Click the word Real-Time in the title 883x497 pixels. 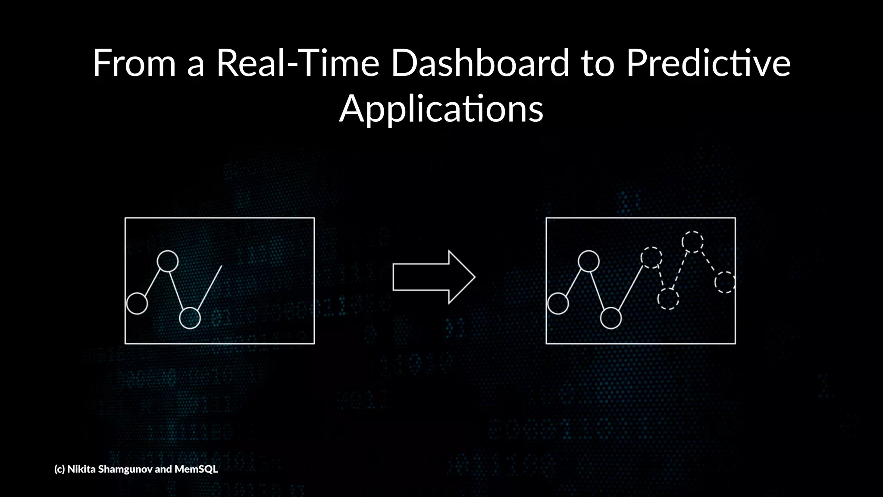tap(297, 63)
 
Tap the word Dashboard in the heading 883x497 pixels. tap(480, 63)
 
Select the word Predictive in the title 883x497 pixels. tap(708, 63)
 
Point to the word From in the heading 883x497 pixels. tap(134, 63)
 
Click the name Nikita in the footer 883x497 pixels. tap(81, 469)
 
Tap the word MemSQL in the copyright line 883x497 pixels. tap(196, 469)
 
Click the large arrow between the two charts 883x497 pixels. tap(433, 277)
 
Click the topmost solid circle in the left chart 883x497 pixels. tap(168, 261)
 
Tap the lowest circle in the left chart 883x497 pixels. tap(190, 318)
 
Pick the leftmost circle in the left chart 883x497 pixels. tap(137, 303)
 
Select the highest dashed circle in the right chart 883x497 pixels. tap(692, 242)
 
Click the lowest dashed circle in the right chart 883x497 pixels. tap(668, 299)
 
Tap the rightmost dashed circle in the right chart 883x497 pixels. tap(725, 282)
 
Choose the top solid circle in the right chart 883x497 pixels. tap(589, 261)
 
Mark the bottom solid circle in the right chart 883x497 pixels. tap(611, 318)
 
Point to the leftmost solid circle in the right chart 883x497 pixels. tap(558, 303)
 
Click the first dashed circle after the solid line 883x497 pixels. tap(651, 258)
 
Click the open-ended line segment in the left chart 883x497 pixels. tap(210, 287)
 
